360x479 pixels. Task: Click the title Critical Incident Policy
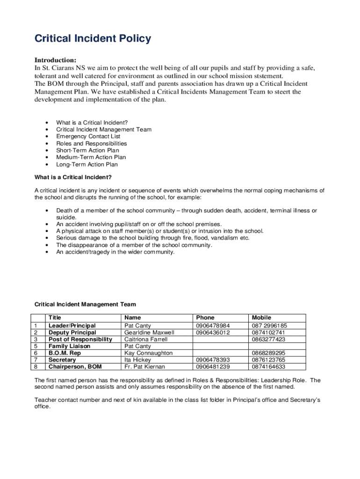pos(93,39)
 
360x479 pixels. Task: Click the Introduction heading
pos(55,60)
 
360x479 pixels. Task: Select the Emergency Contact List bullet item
pos(88,137)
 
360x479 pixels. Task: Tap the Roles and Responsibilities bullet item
pos(91,144)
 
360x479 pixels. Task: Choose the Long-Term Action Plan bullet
pos(87,165)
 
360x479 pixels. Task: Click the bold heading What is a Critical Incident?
pos(73,177)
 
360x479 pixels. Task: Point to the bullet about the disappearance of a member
pos(134,245)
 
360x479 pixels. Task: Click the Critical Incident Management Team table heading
pos(85,305)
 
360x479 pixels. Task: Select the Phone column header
pos(205,318)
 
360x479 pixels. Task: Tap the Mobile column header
pos(261,318)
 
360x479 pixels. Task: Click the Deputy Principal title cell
pos(72,333)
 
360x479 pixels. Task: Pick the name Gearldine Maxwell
pos(149,333)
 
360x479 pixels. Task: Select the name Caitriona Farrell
pos(146,340)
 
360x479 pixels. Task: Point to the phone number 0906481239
pos(213,367)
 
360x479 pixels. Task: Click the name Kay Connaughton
pos(148,353)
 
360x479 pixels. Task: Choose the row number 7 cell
pos(36,360)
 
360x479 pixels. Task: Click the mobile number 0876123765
pos(268,360)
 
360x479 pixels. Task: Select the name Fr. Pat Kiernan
pos(144,367)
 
